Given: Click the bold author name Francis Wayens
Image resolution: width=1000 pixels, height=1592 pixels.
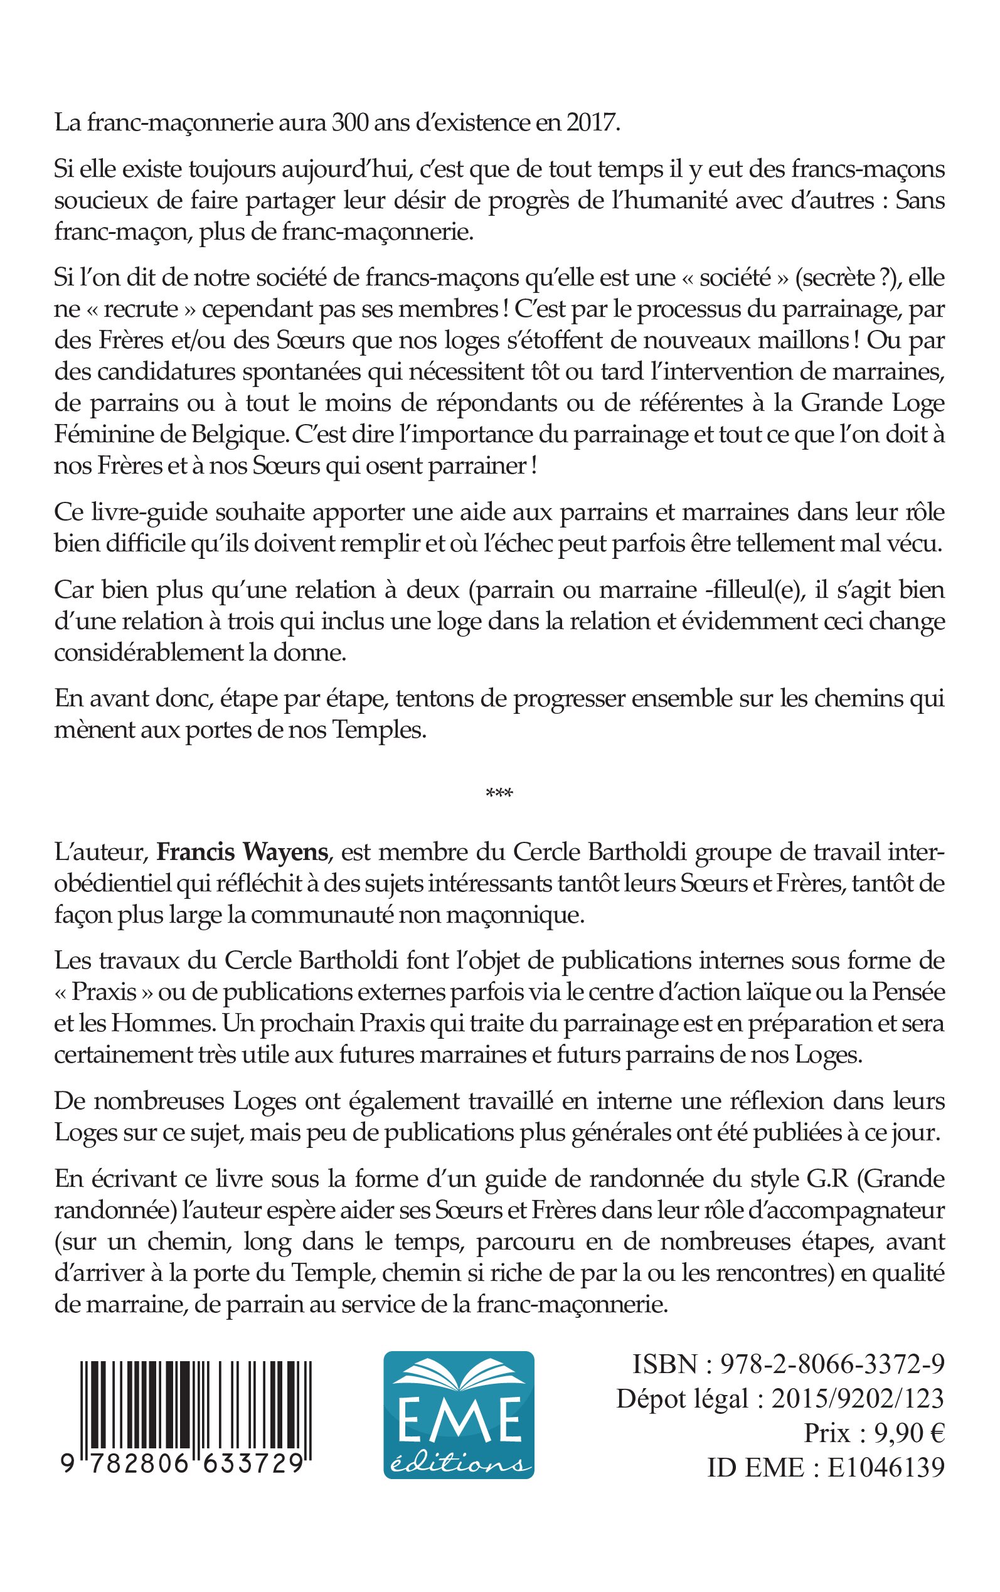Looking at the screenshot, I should (242, 852).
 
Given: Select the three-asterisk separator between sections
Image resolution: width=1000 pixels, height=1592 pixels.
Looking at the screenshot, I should (499, 793).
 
